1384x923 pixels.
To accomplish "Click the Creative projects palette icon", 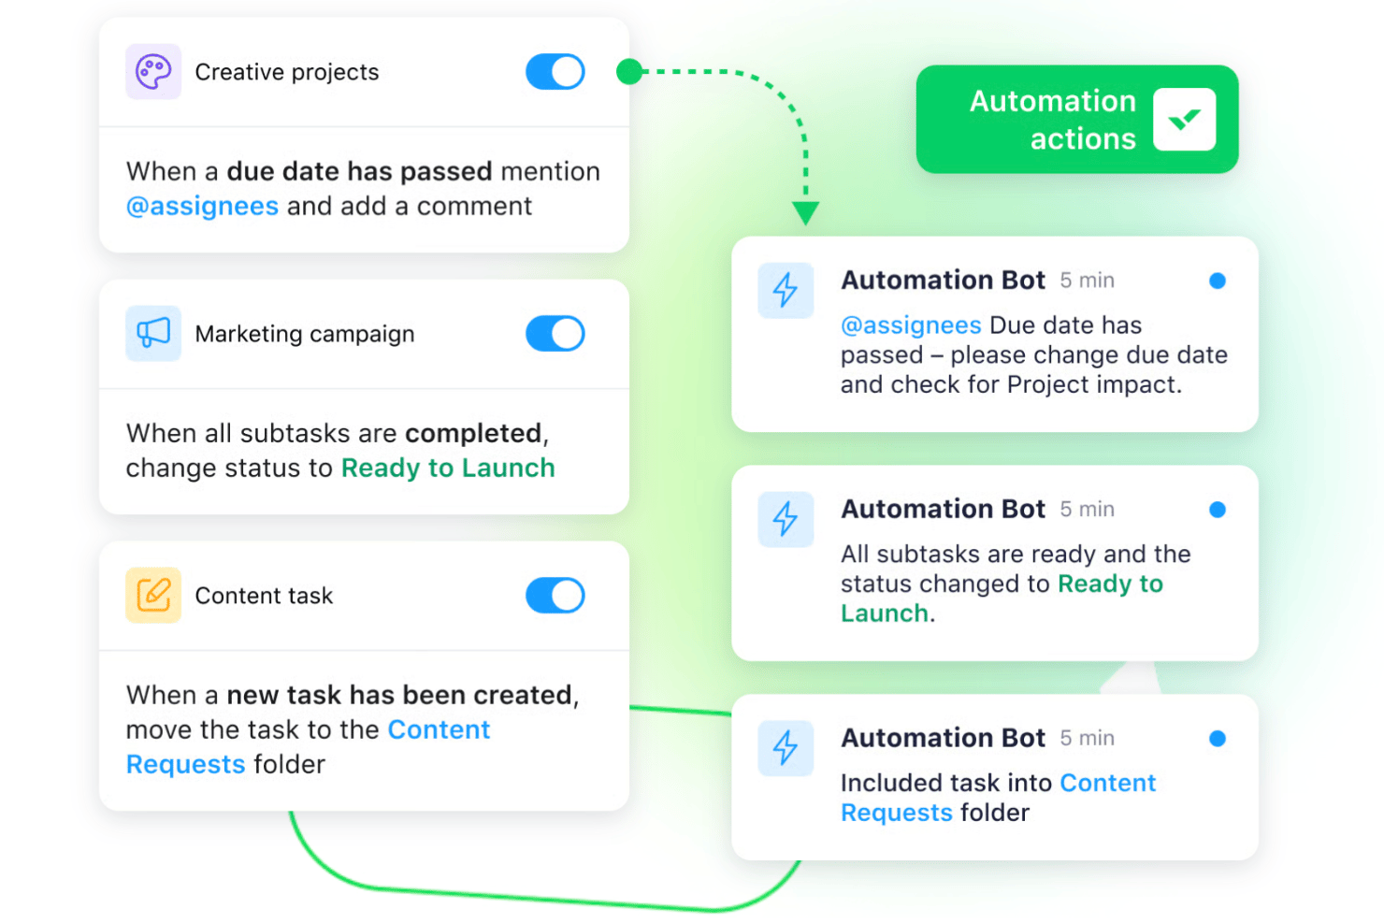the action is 153,72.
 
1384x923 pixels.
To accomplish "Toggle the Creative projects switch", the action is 555,72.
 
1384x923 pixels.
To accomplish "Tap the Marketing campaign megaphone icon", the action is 153,333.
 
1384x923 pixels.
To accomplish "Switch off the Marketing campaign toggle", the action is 555,334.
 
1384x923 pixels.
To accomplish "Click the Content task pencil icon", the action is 153,595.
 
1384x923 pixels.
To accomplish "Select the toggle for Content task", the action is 555,596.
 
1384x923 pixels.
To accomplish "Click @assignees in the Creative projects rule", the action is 202,207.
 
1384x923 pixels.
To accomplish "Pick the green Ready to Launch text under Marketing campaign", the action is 448,469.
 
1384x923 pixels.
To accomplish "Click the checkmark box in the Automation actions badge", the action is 1185,120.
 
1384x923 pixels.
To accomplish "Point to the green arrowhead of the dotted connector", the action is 806,212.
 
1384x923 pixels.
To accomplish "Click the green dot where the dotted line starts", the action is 629,72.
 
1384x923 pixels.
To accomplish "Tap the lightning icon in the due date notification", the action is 786,291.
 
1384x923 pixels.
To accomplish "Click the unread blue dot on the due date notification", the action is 1218,281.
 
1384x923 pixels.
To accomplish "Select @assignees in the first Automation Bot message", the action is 911,325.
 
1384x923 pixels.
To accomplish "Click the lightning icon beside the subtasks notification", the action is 786,519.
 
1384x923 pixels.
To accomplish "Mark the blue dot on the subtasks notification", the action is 1218,510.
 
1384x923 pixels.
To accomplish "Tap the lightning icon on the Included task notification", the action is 786,747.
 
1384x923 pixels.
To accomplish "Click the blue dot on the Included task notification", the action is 1218,738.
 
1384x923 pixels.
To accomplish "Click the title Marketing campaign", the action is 305,334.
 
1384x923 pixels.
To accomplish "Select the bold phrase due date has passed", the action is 360,172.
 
